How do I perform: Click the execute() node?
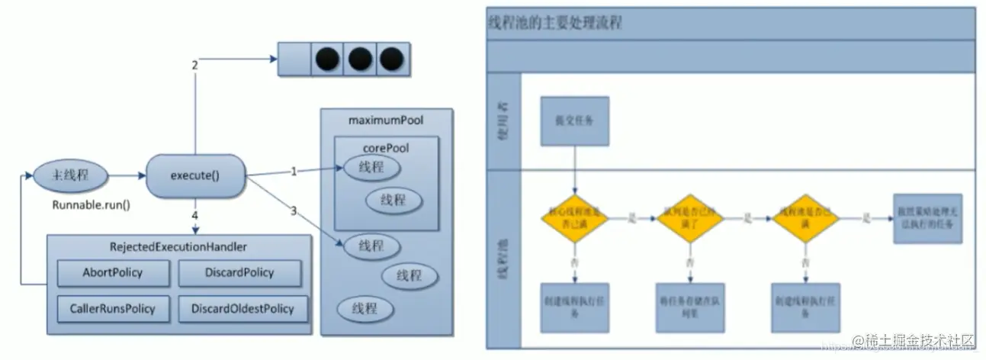pyautogui.click(x=194, y=175)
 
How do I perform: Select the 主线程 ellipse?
pyautogui.click(x=71, y=175)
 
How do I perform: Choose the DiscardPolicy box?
pyautogui.click(x=239, y=272)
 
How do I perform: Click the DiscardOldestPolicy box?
pyautogui.click(x=239, y=309)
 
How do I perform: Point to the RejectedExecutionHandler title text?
pyautogui.click(x=178, y=246)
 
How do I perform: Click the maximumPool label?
pyautogui.click(x=386, y=121)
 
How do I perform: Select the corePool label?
pyautogui.click(x=386, y=146)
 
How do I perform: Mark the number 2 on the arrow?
pyautogui.click(x=194, y=65)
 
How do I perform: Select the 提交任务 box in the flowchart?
pyautogui.click(x=575, y=121)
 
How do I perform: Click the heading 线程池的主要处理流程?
pyautogui.click(x=554, y=22)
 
